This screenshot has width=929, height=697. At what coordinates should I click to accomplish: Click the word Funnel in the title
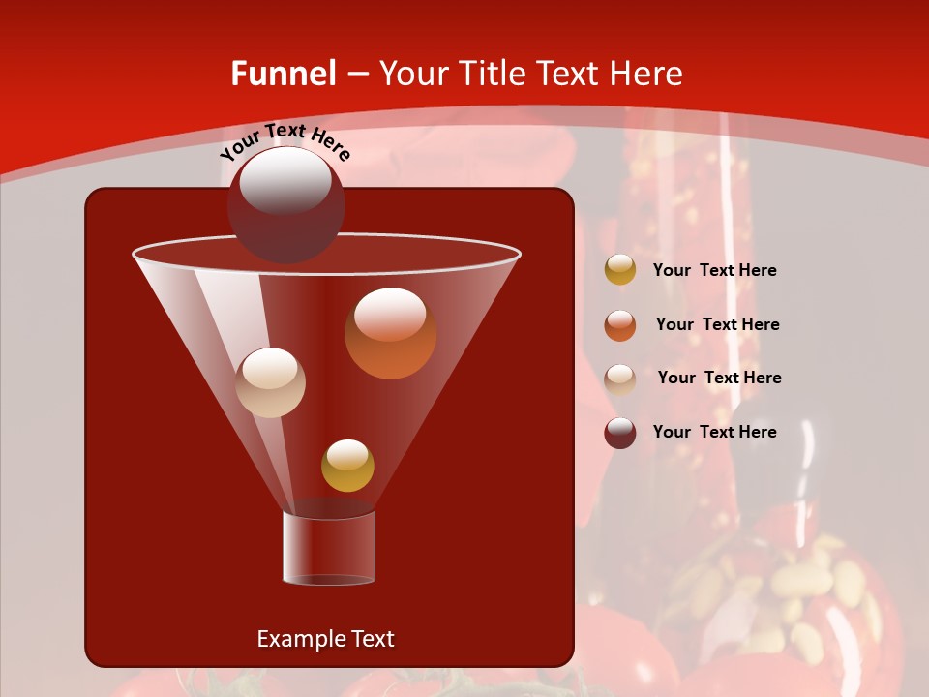click(x=283, y=74)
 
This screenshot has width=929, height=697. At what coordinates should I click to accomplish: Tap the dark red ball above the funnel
click(x=285, y=204)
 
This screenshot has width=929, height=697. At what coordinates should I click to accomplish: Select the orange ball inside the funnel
click(x=390, y=334)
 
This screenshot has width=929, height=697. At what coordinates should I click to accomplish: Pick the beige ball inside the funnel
click(x=271, y=382)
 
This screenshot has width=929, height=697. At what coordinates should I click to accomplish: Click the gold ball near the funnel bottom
click(x=347, y=466)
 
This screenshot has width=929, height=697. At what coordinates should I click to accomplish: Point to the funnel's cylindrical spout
click(x=329, y=547)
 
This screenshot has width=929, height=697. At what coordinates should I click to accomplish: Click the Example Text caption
click(x=325, y=639)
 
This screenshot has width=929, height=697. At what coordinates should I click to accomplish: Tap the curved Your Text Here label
click(x=285, y=141)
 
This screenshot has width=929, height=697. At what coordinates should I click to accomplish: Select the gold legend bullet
click(x=620, y=270)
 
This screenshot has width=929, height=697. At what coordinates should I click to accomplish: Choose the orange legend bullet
click(x=620, y=325)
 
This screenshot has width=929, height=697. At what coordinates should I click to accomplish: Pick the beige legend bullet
click(x=620, y=379)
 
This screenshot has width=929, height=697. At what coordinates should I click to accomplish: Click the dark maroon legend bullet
click(x=620, y=433)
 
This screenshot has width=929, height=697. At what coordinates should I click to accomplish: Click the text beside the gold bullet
click(x=714, y=271)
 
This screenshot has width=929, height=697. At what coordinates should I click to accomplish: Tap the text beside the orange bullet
click(x=717, y=325)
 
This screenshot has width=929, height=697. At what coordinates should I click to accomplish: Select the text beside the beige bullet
click(x=719, y=379)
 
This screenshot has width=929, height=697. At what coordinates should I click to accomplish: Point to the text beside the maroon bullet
click(x=714, y=433)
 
